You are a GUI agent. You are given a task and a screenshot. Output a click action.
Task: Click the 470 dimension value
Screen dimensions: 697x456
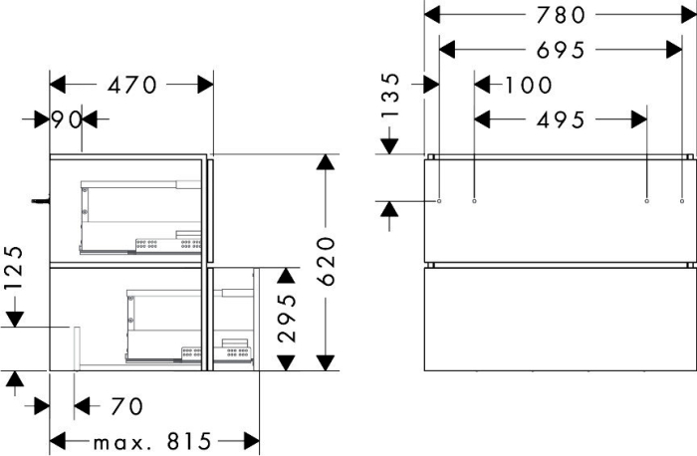(132, 85)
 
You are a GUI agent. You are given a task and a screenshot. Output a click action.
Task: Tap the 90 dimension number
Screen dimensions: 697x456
(67, 119)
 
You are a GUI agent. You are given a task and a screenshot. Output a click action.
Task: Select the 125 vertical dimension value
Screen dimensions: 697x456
(13, 267)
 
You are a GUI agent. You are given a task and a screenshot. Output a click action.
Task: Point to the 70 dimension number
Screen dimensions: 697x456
(127, 406)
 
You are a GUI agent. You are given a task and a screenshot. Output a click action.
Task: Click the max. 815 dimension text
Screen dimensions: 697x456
(152, 442)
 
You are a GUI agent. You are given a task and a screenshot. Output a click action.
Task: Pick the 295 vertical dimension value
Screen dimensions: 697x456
(287, 319)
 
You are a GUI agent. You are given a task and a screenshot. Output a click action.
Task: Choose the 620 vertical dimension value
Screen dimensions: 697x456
(326, 261)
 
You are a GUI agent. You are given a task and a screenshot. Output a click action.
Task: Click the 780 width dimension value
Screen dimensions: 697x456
(561, 15)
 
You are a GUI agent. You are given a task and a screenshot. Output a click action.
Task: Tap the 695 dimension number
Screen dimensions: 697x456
(561, 50)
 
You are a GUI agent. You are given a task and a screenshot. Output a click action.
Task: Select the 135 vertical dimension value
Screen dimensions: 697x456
(390, 96)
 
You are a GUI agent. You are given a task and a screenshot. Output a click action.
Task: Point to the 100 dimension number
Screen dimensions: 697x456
(529, 85)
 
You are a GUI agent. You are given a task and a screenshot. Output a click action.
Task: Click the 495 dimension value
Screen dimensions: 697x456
(561, 120)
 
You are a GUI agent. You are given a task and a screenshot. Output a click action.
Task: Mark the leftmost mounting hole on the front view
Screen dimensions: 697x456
(439, 201)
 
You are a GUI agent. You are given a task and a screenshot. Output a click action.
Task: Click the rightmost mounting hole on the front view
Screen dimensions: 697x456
(682, 201)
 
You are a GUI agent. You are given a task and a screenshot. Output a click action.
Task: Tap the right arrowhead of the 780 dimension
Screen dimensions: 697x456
(689, 15)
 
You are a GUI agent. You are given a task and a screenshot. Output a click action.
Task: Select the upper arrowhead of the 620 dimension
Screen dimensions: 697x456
(326, 161)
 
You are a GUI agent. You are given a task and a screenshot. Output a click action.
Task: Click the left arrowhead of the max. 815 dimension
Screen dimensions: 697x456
(58, 442)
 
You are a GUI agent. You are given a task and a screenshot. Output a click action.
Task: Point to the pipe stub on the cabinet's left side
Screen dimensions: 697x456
(41, 201)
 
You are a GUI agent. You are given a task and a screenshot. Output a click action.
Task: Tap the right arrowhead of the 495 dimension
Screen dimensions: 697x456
(639, 120)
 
